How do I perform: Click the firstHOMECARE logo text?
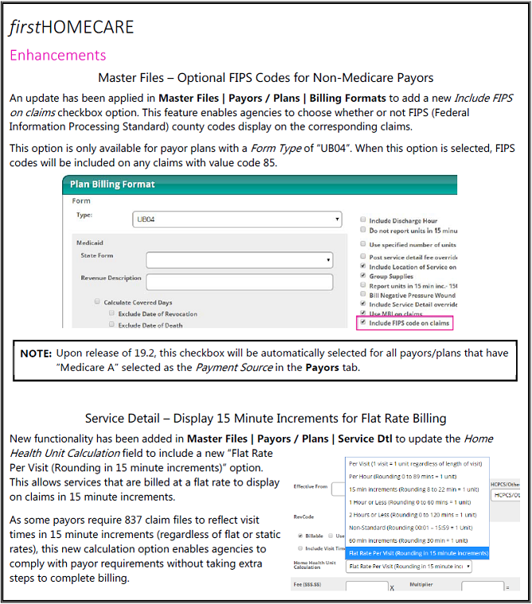click(72, 28)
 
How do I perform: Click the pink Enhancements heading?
click(57, 55)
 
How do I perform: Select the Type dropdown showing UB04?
click(237, 219)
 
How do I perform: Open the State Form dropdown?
click(239, 259)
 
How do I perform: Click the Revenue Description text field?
click(239, 280)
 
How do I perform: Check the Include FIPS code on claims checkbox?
click(363, 323)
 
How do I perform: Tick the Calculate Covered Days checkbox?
click(97, 302)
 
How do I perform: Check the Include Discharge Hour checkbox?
click(363, 220)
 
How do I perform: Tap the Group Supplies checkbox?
click(363, 276)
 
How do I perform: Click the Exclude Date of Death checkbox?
click(111, 325)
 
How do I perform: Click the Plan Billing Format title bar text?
click(112, 184)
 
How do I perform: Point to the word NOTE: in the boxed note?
click(36, 353)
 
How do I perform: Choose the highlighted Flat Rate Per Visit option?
click(418, 552)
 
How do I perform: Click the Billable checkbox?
click(299, 536)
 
